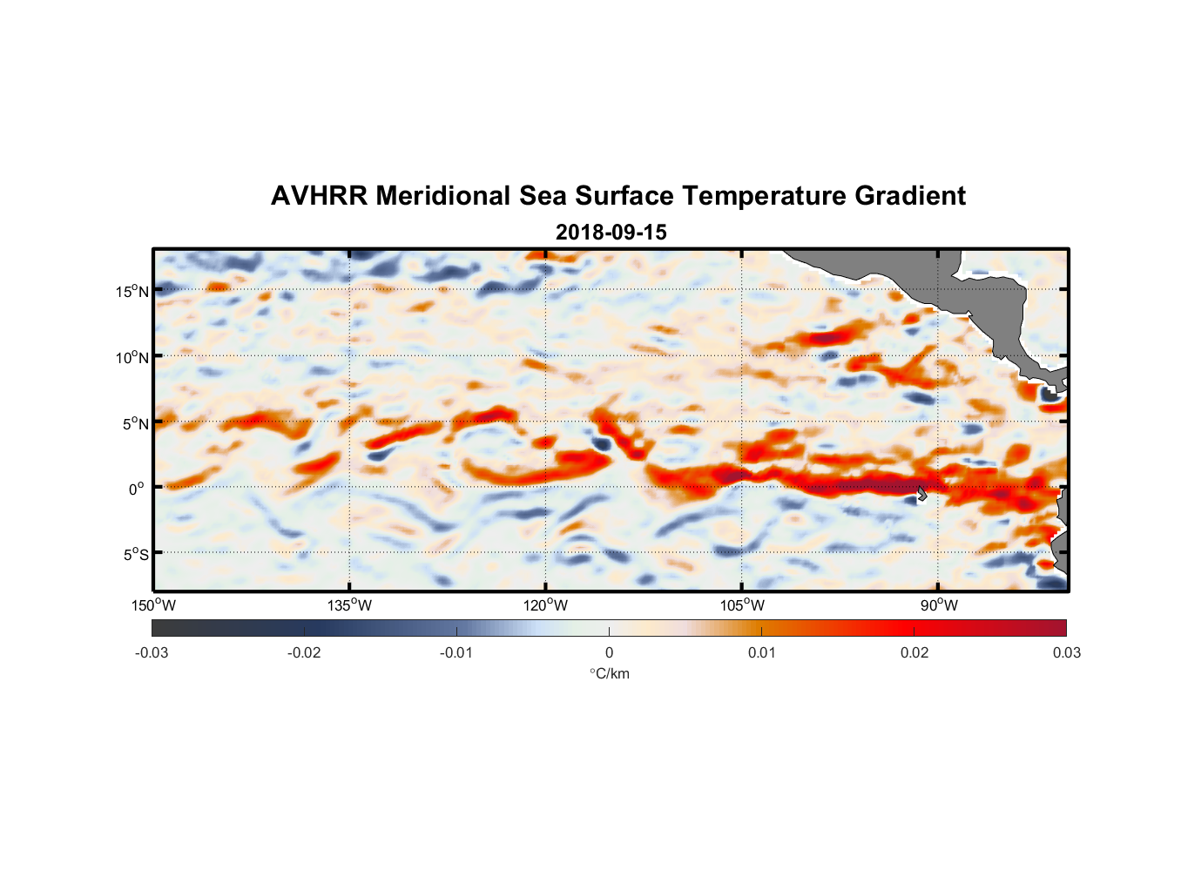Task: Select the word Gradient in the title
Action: click(909, 196)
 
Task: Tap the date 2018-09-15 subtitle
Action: click(611, 233)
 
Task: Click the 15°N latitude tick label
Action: click(132, 291)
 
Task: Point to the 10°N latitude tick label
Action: click(132, 357)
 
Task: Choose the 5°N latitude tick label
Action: click(135, 423)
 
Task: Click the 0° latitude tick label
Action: click(137, 489)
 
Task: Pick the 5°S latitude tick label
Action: click(135, 554)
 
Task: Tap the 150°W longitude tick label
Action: click(154, 605)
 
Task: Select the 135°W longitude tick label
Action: click(350, 605)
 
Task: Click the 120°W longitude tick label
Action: click(546, 605)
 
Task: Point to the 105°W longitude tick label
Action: click(742, 605)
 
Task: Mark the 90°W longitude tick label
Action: click(939, 605)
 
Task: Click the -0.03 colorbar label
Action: click(152, 652)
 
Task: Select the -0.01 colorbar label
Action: click(456, 652)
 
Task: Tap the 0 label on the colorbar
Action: click(609, 652)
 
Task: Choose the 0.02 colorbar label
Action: click(914, 652)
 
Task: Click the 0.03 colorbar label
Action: click(1066, 652)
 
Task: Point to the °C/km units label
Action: click(609, 673)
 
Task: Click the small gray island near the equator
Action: click(922, 494)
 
